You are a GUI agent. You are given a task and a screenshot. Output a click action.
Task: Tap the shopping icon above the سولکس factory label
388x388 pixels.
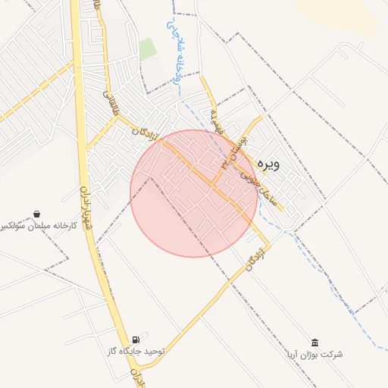click(36, 214)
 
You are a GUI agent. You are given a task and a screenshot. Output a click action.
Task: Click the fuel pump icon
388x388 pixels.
click(136, 339)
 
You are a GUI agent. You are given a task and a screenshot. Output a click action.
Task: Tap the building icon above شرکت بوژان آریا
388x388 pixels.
click(314, 343)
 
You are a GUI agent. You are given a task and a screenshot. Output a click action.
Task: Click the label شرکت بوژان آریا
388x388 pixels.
click(314, 355)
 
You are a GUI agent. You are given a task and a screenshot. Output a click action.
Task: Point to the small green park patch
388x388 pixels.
click(148, 49)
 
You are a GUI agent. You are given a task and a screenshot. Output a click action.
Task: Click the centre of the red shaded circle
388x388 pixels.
click(194, 193)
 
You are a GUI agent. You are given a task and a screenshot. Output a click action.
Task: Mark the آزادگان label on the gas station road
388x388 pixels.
click(256, 258)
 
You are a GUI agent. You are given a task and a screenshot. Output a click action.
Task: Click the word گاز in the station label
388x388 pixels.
click(115, 352)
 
